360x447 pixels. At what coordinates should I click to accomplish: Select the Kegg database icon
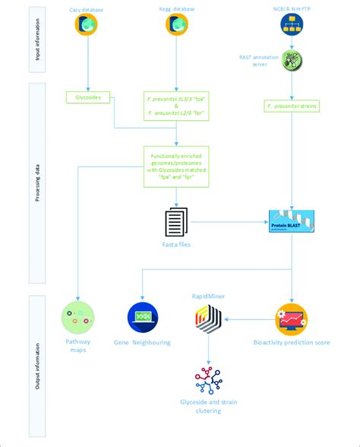coord(177,25)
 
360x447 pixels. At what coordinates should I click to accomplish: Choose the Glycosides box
coord(89,97)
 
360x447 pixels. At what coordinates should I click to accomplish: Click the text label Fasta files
coord(177,246)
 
